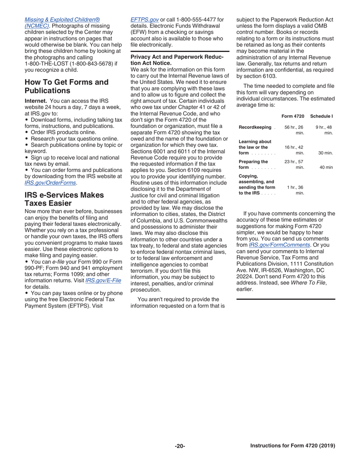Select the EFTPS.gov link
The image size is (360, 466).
pos(144,19)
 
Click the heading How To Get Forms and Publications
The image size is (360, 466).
pos(66,86)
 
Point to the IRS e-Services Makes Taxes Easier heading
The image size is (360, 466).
pos(64,199)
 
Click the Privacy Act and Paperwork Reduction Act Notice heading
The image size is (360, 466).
pos(177,60)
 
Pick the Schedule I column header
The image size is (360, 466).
pos(321,115)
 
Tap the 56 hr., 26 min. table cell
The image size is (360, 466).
pos(294,130)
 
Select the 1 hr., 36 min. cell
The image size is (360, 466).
pos(296,190)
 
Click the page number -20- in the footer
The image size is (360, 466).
pos(180,446)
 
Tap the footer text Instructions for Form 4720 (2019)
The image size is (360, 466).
pos(293,446)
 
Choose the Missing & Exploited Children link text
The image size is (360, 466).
pos(62,19)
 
